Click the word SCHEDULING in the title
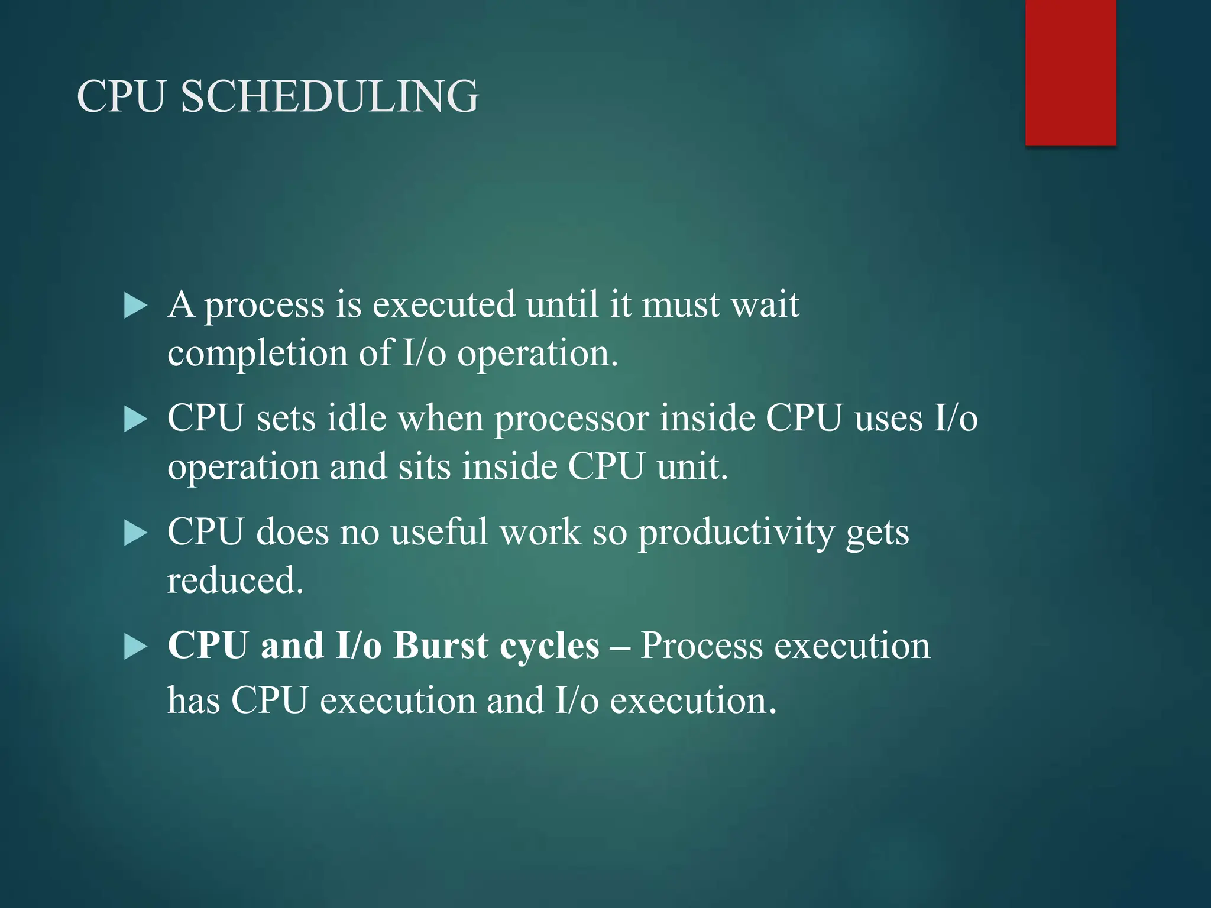(x=329, y=96)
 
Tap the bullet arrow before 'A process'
(x=135, y=306)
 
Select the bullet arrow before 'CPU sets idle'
(x=135, y=420)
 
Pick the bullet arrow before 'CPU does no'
(x=135, y=533)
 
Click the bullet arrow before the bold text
(x=135, y=647)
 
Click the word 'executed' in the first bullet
(x=443, y=305)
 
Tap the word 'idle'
(x=357, y=419)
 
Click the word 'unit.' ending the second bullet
(x=692, y=467)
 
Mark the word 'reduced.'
(x=235, y=581)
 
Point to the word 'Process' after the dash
(x=701, y=646)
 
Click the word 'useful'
(x=439, y=532)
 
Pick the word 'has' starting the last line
(x=193, y=701)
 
